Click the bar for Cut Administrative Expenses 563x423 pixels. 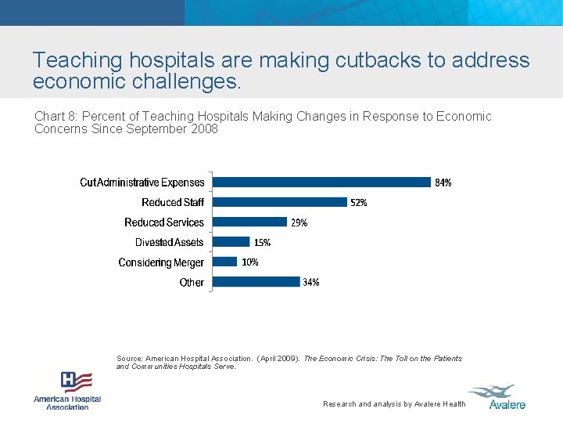click(x=321, y=182)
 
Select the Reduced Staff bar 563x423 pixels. click(x=279, y=202)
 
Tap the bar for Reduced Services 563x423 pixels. click(x=249, y=222)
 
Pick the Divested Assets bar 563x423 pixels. click(x=231, y=242)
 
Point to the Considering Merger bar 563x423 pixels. click(x=224, y=262)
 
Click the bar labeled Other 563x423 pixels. click(x=256, y=281)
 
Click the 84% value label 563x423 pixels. click(x=443, y=183)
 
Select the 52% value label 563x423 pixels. click(x=359, y=203)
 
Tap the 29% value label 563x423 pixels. click(x=299, y=222)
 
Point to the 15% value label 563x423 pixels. click(x=262, y=243)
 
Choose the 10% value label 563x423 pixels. click(x=249, y=262)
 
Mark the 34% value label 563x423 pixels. click(x=311, y=282)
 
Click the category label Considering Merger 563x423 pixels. click(x=161, y=262)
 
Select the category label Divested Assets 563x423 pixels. click(x=169, y=243)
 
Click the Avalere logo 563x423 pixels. click(x=497, y=396)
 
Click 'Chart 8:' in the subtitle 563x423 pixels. click(x=56, y=117)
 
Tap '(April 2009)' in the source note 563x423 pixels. click(x=278, y=359)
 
